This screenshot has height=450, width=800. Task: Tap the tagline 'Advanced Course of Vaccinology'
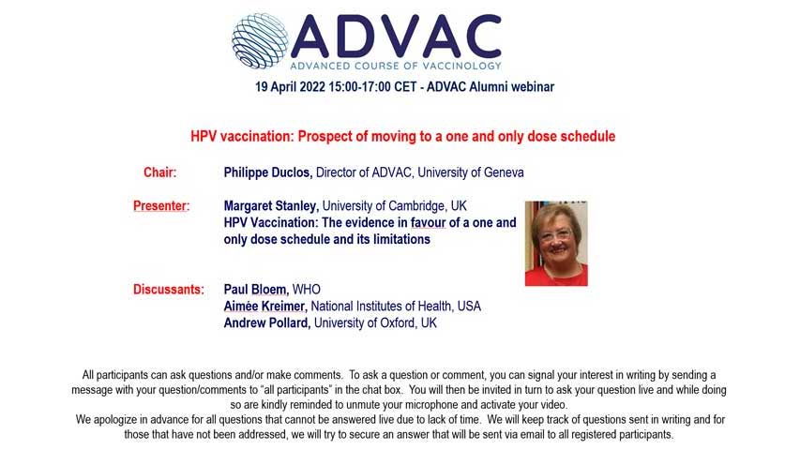coord(395,66)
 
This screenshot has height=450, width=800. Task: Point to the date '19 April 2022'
coord(296,87)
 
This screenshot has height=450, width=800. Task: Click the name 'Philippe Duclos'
coord(267,172)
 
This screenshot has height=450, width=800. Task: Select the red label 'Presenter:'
coord(161,205)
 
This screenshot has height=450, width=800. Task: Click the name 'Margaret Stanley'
coord(272,205)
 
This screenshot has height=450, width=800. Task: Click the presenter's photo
coord(555,243)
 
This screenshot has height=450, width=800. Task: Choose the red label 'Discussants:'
coord(168,290)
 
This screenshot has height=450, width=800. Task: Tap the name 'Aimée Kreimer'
coord(264,307)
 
